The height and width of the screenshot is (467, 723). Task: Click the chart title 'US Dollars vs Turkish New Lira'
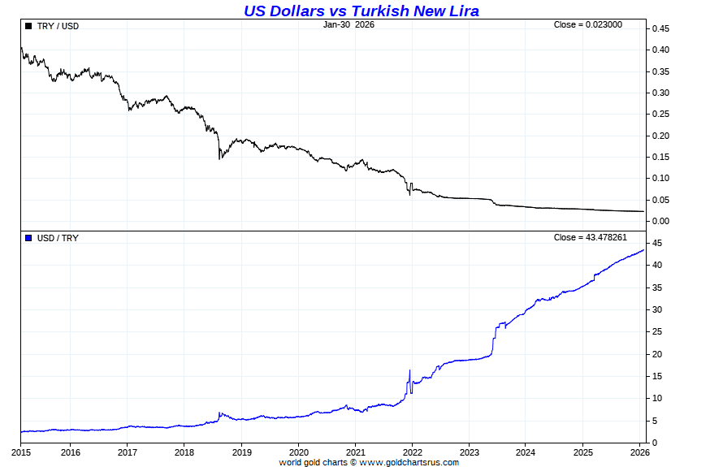(x=361, y=11)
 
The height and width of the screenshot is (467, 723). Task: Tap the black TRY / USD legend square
(x=28, y=26)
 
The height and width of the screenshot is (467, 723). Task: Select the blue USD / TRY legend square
(x=28, y=238)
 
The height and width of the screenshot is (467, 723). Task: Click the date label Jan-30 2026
(x=349, y=24)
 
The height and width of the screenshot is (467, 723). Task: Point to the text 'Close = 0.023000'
(x=588, y=24)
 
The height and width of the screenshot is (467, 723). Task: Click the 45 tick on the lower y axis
(x=655, y=244)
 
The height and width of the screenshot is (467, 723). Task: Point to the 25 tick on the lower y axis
(x=655, y=332)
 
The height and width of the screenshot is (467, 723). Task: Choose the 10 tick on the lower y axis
(x=655, y=399)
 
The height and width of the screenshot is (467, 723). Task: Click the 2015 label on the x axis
(x=21, y=452)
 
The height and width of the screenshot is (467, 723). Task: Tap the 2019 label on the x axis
(x=241, y=452)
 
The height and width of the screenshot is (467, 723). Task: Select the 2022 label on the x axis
(x=412, y=452)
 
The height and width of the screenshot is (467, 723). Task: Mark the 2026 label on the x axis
(x=639, y=452)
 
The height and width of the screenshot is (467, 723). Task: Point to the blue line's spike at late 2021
(x=409, y=371)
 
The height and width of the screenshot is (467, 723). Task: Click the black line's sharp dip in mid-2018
(x=219, y=158)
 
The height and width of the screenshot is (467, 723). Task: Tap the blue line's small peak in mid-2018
(x=219, y=413)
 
